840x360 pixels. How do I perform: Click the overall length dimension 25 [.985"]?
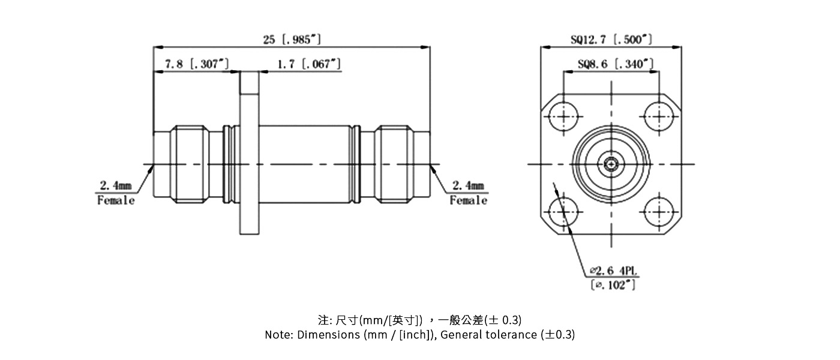[292, 40]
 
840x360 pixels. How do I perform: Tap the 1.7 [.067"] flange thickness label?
[309, 64]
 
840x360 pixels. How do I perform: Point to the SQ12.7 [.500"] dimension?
[611, 40]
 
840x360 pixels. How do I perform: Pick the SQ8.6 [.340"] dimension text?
[616, 64]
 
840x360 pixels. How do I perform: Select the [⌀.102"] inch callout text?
[613, 285]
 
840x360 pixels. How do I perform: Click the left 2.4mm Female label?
[116, 193]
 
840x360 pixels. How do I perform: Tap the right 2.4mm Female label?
[469, 193]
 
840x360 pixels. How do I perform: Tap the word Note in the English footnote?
[278, 335]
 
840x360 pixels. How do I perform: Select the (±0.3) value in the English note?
[557, 335]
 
